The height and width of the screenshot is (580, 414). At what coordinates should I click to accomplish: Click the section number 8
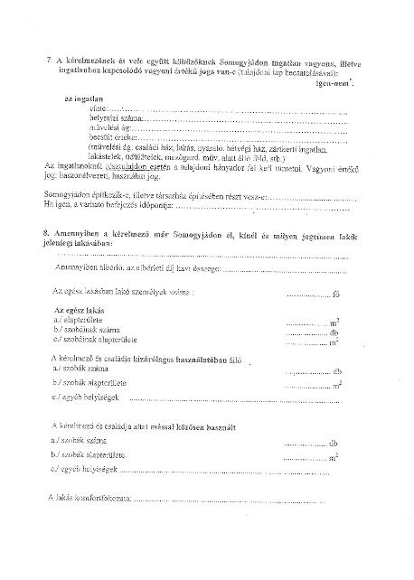coord(46,233)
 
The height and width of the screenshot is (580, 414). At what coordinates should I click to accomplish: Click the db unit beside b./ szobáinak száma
coord(334,332)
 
